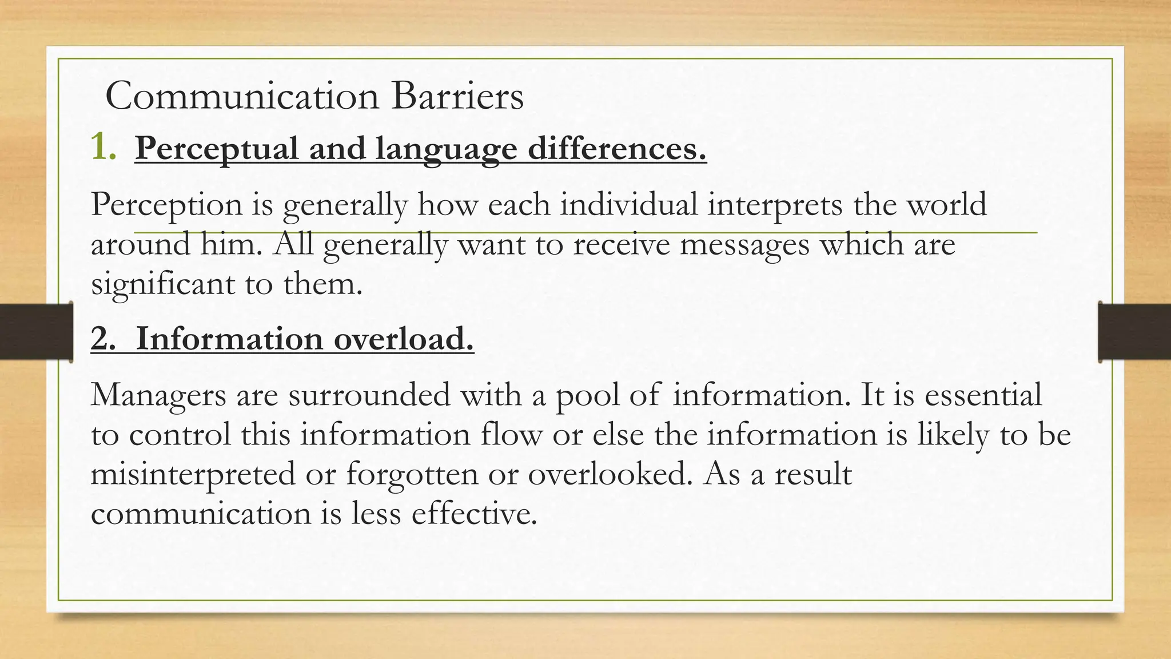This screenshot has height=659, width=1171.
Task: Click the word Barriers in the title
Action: (457, 96)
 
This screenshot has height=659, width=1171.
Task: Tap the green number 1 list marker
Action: (102, 148)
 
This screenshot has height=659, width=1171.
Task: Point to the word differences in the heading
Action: (617, 148)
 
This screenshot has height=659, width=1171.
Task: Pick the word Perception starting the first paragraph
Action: (166, 205)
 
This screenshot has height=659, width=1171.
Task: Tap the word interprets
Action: (775, 205)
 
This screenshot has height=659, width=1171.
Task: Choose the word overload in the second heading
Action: (404, 339)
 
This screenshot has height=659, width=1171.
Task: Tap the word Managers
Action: (158, 395)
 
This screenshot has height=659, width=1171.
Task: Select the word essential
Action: (983, 394)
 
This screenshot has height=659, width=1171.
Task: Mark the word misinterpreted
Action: (193, 474)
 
